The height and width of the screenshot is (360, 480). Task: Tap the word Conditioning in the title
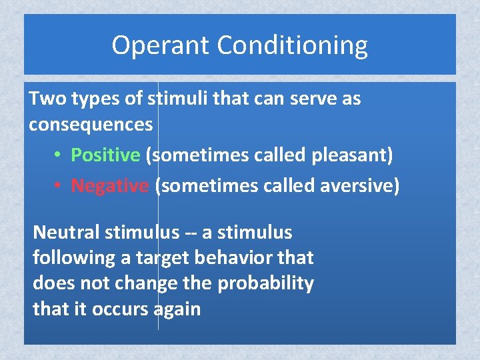pos(293,46)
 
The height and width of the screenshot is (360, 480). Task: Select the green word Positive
pos(105,155)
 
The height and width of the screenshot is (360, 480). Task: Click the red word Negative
pos(109,185)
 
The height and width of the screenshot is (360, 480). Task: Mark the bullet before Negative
pos(59,186)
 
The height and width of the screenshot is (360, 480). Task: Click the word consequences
pos(91,125)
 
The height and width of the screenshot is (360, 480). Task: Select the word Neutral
pos(65,232)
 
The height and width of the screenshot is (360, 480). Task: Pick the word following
pos(66,258)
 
